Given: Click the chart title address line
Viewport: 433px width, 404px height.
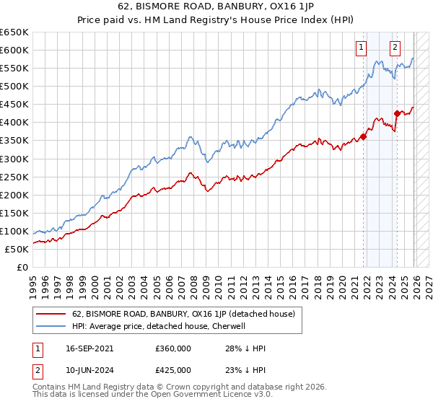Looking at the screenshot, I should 216,9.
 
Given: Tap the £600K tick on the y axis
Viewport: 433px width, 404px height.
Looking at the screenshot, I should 14,50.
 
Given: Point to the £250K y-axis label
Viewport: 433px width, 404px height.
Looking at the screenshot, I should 14,177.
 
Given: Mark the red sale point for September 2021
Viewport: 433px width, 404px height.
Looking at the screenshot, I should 364,136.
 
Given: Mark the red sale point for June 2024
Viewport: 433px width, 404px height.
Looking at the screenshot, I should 397,113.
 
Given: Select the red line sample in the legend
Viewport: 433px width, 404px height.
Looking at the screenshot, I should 51,315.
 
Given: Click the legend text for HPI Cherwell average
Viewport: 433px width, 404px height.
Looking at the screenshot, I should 159,326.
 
